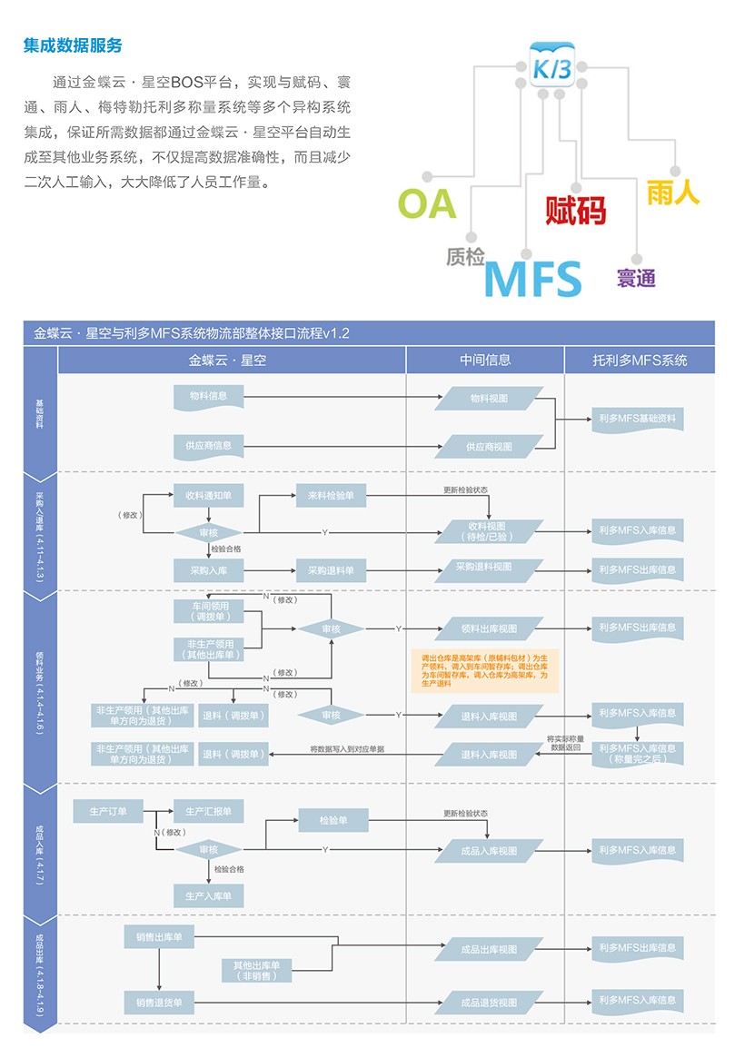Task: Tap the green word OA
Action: pyautogui.click(x=426, y=203)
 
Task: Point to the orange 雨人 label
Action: pyautogui.click(x=673, y=192)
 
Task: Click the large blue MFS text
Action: pyautogui.click(x=532, y=278)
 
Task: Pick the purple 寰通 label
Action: pyautogui.click(x=636, y=278)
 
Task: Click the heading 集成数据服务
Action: pyautogui.click(x=73, y=45)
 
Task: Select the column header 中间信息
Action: pyautogui.click(x=485, y=360)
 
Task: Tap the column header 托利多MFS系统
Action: pyautogui.click(x=640, y=360)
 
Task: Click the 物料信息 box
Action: pyautogui.click(x=209, y=397)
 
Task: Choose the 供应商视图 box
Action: pyautogui.click(x=490, y=447)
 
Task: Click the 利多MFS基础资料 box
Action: pyautogui.click(x=637, y=419)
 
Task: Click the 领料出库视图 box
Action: pyautogui.click(x=490, y=628)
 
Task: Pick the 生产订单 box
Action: pyautogui.click(x=108, y=810)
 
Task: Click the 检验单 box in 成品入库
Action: pyautogui.click(x=334, y=821)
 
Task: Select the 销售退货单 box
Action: pyautogui.click(x=159, y=1003)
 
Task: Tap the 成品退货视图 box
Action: pyautogui.click(x=490, y=1003)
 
